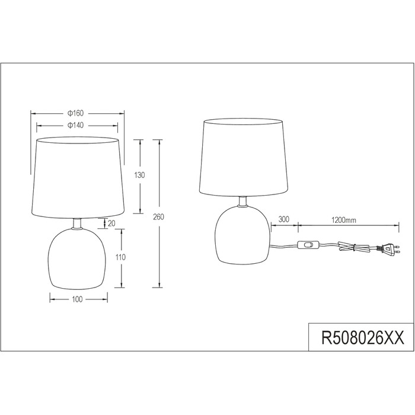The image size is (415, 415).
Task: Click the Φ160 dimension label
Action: click(75, 113)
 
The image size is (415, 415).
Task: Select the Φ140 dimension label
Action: click(75, 125)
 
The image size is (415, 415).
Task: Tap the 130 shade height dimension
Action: click(139, 175)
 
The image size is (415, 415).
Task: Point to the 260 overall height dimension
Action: click(158, 217)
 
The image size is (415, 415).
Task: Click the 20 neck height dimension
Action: click(111, 224)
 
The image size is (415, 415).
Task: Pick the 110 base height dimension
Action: click(120, 257)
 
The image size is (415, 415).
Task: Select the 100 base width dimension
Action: click(77, 299)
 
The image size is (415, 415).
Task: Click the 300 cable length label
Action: click(284, 219)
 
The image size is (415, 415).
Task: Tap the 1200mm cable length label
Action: click(344, 220)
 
